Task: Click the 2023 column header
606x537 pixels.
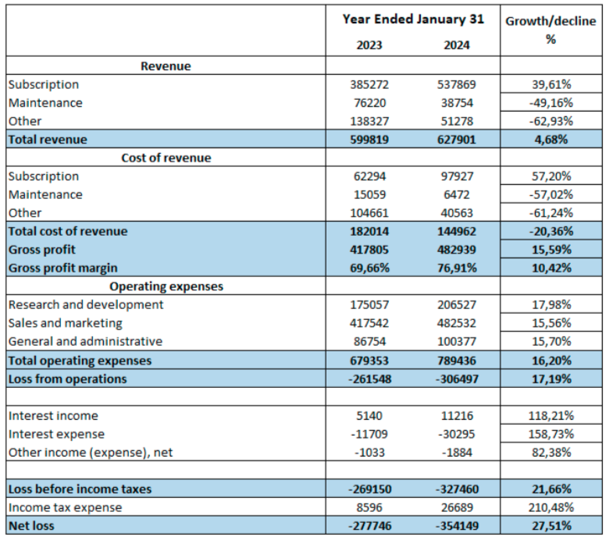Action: click(369, 45)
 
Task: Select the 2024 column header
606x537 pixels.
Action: click(456, 45)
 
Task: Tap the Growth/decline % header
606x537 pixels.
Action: click(551, 30)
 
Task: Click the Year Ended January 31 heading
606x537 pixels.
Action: click(413, 20)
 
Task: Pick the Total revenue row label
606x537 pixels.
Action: click(48, 140)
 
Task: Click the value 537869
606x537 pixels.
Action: click(456, 84)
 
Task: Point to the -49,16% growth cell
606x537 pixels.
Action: click(551, 103)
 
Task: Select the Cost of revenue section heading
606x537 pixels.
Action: click(166, 158)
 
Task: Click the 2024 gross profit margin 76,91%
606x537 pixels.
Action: click(457, 268)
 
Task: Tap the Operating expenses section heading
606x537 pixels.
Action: click(166, 286)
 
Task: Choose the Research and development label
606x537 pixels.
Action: click(86, 305)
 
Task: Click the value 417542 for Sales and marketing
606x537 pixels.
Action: click(369, 323)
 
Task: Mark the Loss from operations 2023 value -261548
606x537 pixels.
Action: click(370, 379)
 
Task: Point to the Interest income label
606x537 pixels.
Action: click(53, 416)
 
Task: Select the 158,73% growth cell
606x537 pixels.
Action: click(551, 434)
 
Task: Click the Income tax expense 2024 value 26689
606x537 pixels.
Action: click(457, 507)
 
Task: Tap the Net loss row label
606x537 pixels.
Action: click(31, 526)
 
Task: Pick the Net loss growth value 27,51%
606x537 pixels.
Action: click(551, 526)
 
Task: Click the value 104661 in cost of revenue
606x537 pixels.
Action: click(369, 213)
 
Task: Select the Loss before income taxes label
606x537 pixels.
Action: click(80, 489)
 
